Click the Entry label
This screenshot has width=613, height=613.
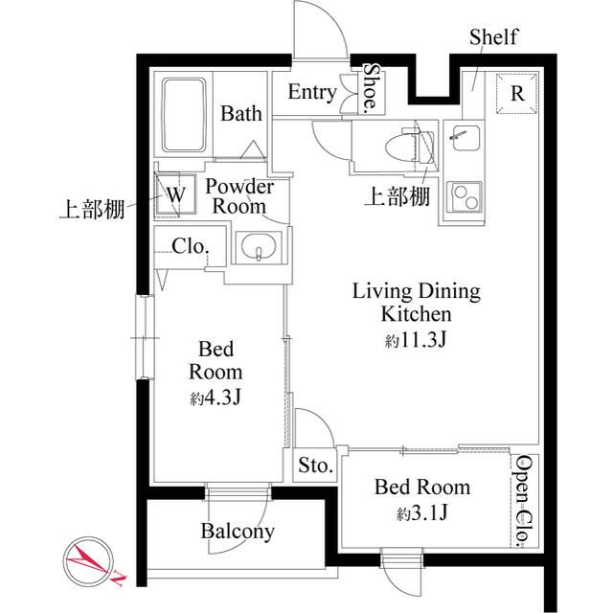(311, 93)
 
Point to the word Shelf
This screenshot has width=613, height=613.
(493, 37)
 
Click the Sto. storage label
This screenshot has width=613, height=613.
(314, 466)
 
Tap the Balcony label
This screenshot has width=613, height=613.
(238, 531)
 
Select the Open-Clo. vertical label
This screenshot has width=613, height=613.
(524, 501)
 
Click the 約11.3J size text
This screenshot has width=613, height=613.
(417, 339)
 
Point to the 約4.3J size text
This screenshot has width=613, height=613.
(214, 397)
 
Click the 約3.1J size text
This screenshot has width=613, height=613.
(421, 514)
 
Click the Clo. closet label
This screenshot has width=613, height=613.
(190, 246)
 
